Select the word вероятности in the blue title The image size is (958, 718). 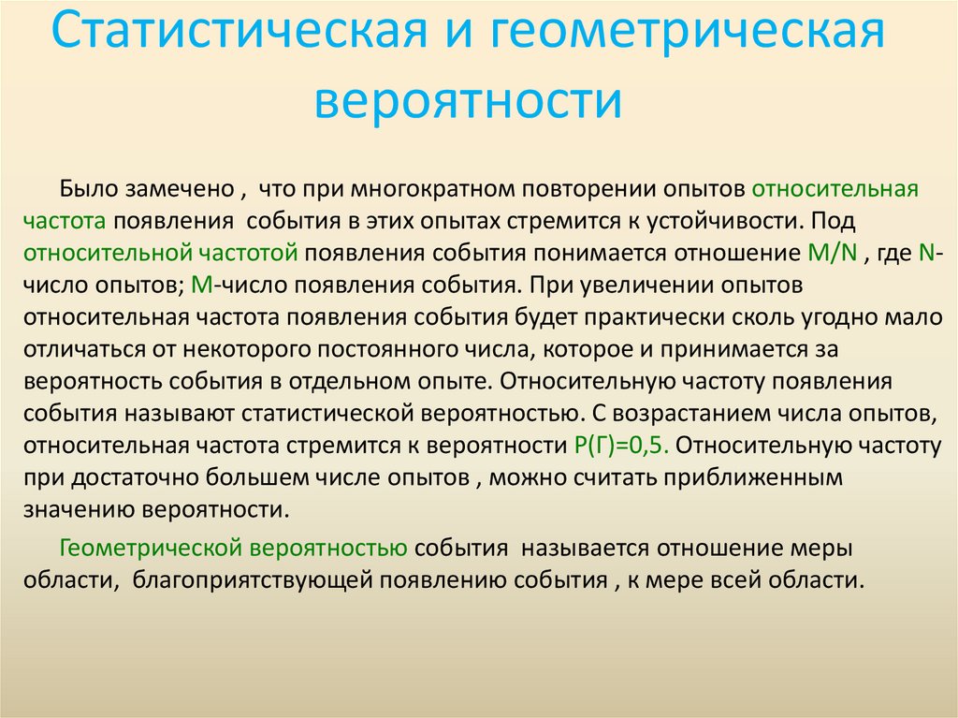coord(468,100)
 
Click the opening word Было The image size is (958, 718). coord(90,189)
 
